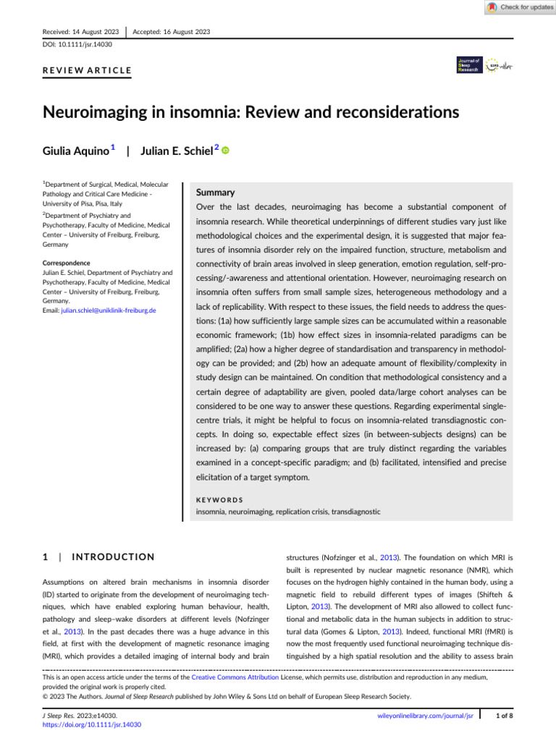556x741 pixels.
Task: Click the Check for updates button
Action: (519, 7)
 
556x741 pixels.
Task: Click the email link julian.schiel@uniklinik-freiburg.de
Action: (114, 310)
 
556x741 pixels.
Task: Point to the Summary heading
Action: (216, 193)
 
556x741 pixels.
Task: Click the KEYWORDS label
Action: (220, 499)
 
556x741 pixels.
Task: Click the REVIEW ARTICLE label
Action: (86, 70)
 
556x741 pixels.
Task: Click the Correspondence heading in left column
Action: (66, 263)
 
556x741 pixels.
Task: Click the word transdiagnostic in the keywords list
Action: (355, 511)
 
